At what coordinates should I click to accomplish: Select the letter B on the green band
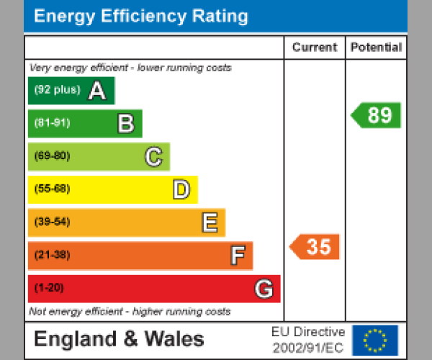126,124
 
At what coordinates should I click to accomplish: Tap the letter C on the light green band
153,156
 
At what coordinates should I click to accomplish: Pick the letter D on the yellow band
181,189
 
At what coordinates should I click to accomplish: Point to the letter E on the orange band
210,222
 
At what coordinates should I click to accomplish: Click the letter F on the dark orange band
238,255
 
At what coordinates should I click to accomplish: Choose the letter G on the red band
264,289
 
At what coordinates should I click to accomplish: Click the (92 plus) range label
57,90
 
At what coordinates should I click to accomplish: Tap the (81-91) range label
52,123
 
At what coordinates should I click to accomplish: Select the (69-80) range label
52,156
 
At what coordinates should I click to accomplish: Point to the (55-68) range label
52,189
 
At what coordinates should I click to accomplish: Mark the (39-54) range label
52,222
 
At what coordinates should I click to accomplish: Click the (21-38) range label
52,255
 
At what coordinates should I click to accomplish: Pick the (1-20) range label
49,288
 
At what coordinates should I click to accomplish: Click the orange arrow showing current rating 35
315,247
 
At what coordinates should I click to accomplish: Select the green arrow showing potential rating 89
376,115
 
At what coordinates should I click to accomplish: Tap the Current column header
315,48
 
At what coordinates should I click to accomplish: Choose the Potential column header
376,48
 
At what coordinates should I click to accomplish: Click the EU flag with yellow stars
375,339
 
